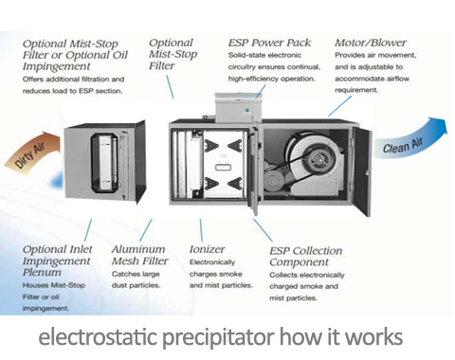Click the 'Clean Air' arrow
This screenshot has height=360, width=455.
pos(410,140)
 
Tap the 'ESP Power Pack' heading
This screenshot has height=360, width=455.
pos(269,43)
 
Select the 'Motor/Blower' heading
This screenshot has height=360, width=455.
pos(371,43)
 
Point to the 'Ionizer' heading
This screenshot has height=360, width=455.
pos(207,249)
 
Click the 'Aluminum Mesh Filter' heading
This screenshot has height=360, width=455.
pos(139,255)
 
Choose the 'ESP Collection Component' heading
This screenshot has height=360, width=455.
pos(305,256)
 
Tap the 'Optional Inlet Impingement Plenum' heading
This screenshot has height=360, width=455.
pos(57,261)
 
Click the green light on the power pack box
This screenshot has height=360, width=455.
pos(247,110)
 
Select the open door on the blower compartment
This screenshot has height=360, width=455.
pos(362,171)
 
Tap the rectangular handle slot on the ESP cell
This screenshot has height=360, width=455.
pos(222,167)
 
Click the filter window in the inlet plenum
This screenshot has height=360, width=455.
pos(104,163)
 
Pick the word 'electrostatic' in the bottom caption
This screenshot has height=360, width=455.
pos(98,337)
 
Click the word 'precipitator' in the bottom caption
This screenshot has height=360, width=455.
pos(218,338)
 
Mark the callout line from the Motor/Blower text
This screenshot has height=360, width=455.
pos(339,106)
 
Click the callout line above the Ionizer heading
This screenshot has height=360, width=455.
pos(201,230)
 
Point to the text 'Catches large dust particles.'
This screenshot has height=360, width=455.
pos(136,279)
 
